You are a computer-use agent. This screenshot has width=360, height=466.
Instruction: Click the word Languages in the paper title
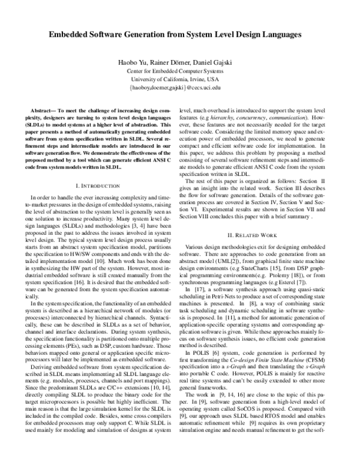[280, 36]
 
